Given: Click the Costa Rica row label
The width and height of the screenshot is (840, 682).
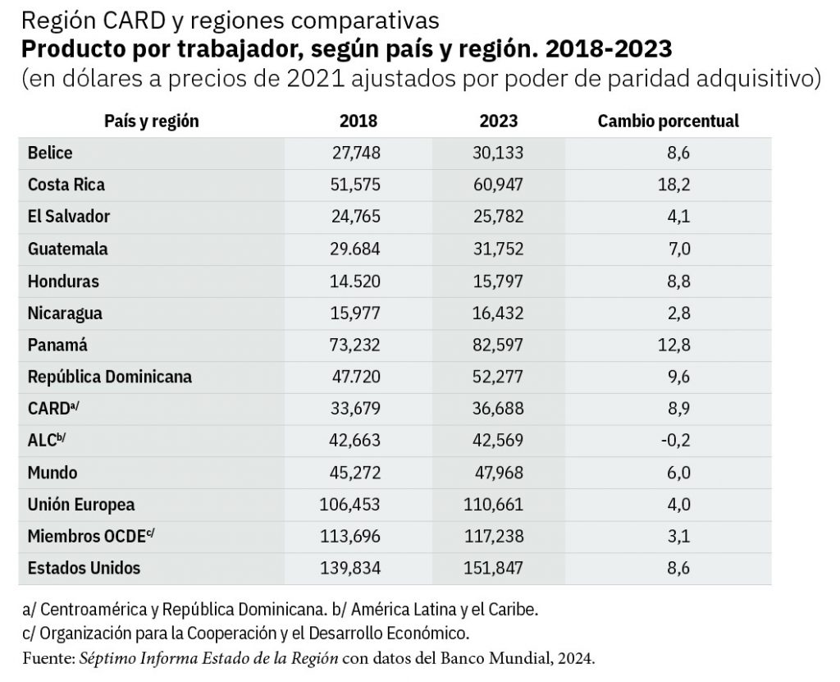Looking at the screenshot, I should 66,185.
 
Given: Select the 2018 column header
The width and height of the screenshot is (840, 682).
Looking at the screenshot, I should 358,121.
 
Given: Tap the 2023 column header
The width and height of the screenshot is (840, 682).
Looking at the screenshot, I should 499,121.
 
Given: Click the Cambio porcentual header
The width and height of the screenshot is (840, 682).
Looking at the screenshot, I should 668,121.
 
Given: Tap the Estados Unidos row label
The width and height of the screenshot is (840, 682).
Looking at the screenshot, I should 84,568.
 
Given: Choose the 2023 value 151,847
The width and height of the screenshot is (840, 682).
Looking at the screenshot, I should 492,568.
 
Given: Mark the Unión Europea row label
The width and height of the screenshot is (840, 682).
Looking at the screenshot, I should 80,505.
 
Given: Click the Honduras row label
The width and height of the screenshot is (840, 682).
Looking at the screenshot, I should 63,281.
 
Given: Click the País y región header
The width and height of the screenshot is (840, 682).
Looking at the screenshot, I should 151,121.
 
